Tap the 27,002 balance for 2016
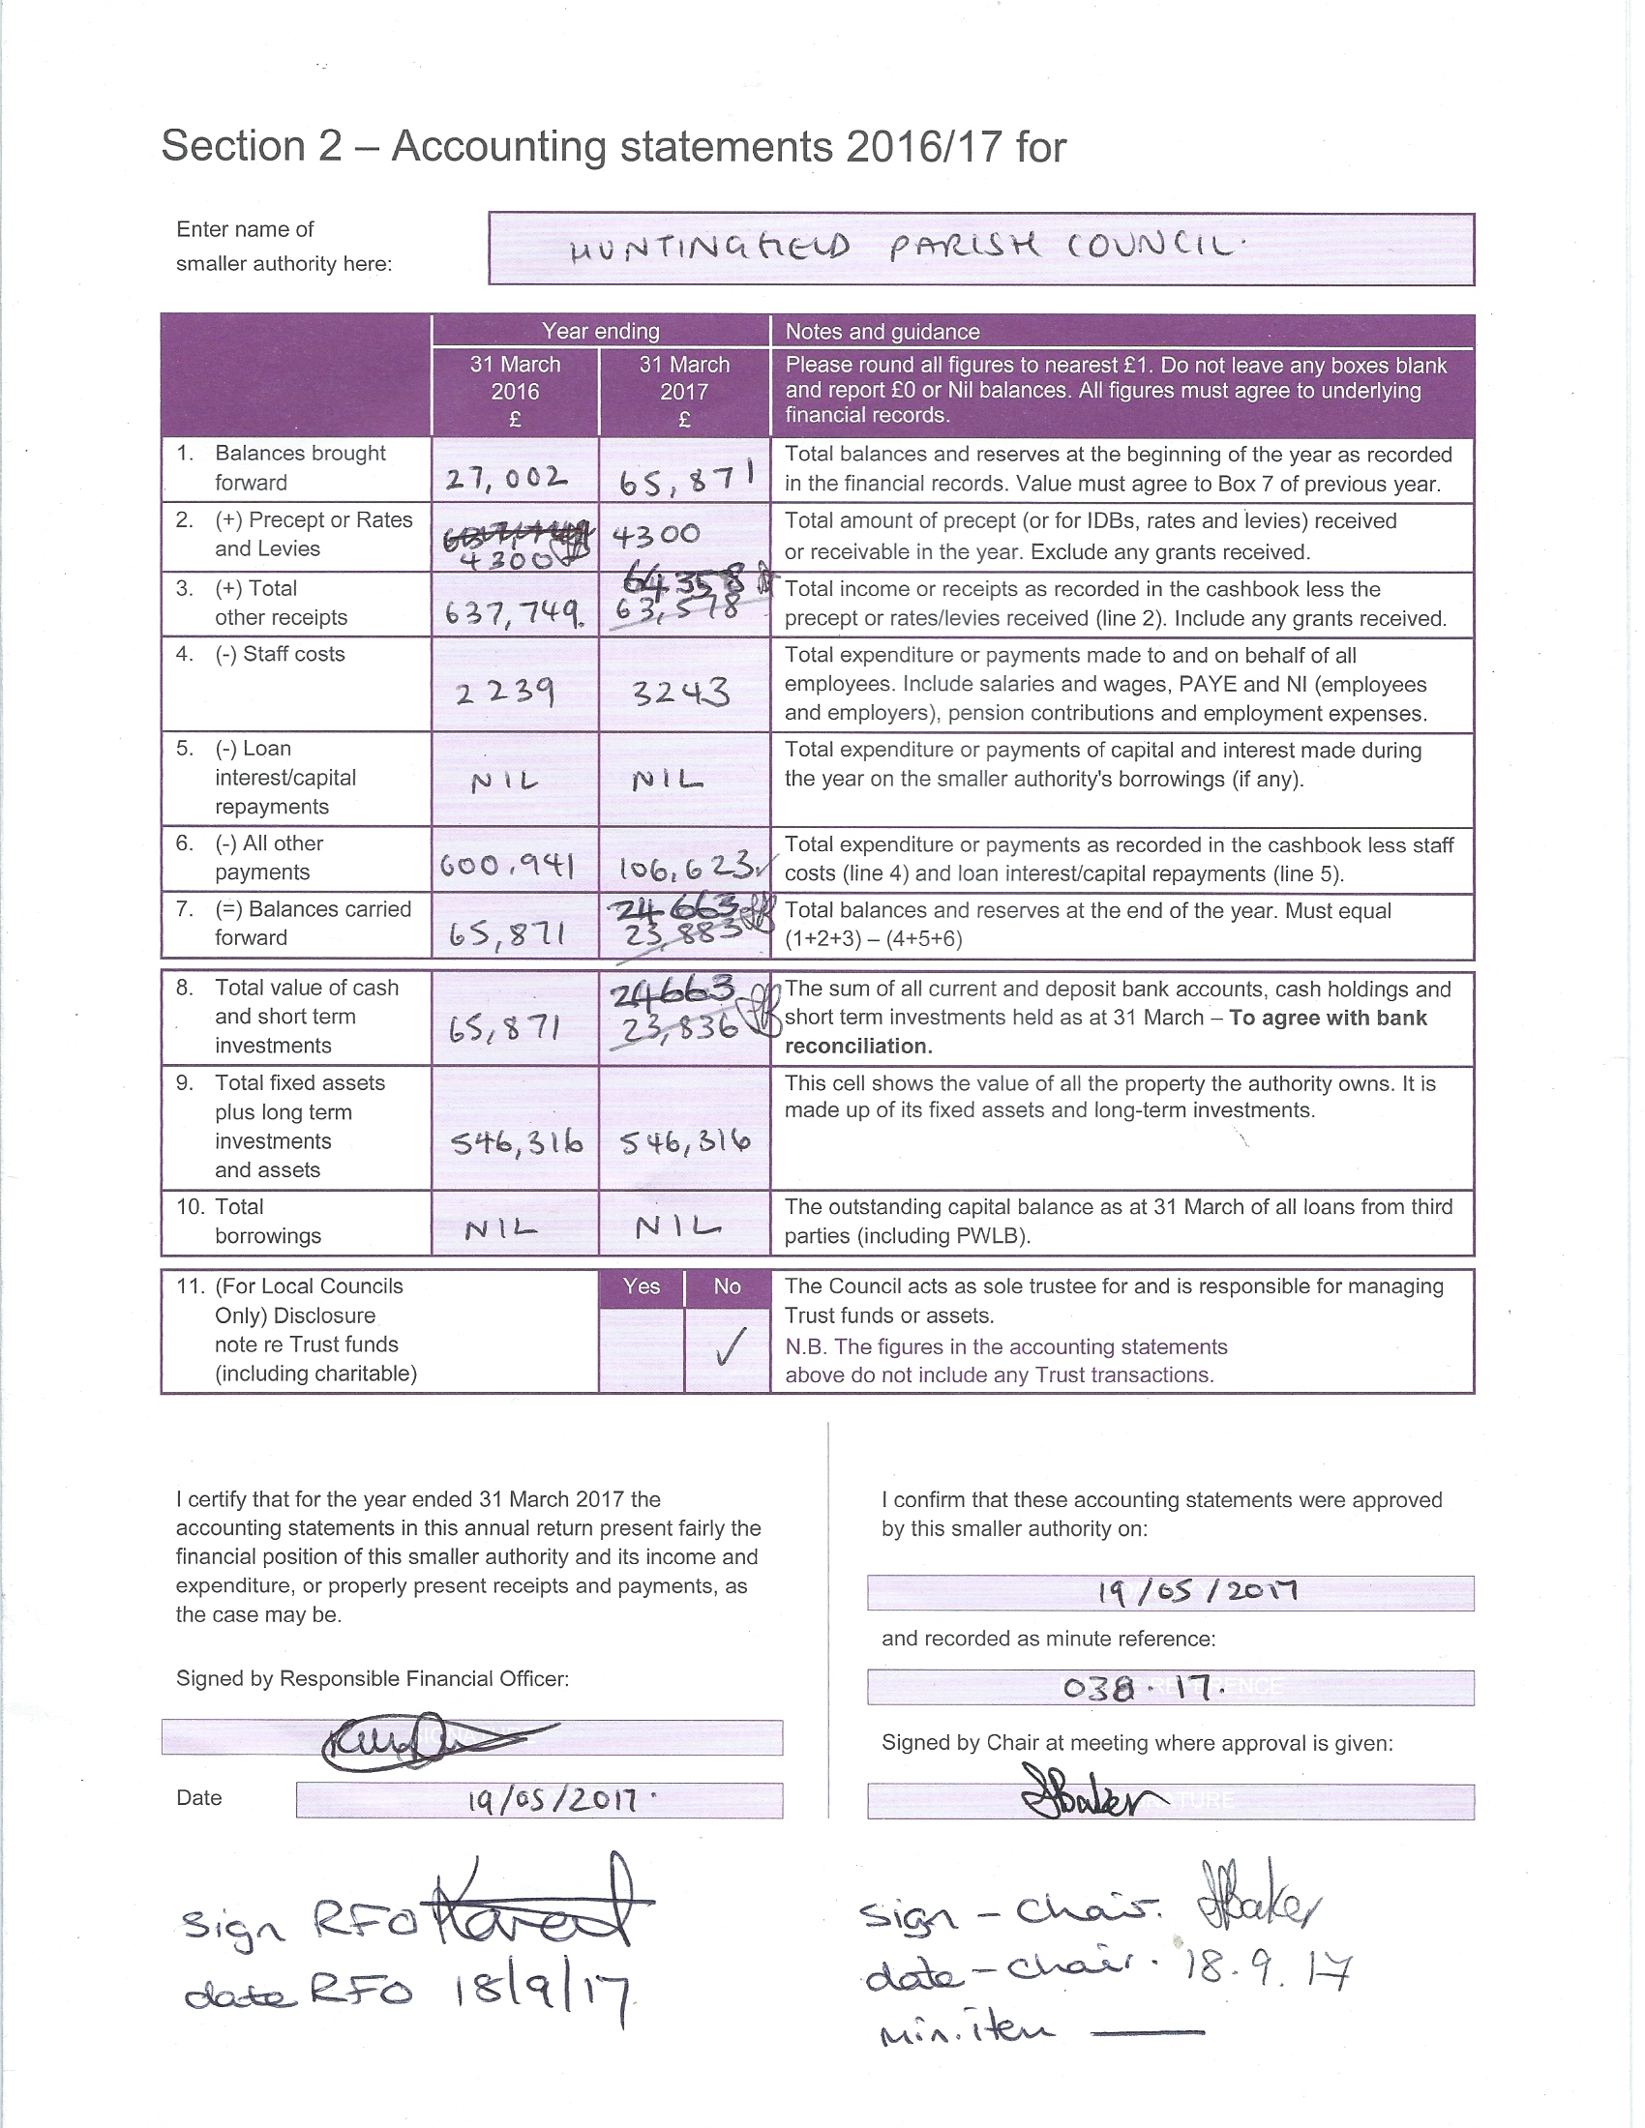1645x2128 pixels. pos(506,479)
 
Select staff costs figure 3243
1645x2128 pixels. pos(680,693)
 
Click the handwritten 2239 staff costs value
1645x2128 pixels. pos(506,693)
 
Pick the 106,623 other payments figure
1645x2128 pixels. pos(684,864)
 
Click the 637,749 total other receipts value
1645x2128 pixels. pos(514,613)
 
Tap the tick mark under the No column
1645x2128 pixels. pos(728,1347)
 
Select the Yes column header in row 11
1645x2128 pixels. pos(642,1286)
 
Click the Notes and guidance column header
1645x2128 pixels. pos(882,331)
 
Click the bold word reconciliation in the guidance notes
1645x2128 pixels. pos(858,1046)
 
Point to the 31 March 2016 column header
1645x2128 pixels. pos(515,391)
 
